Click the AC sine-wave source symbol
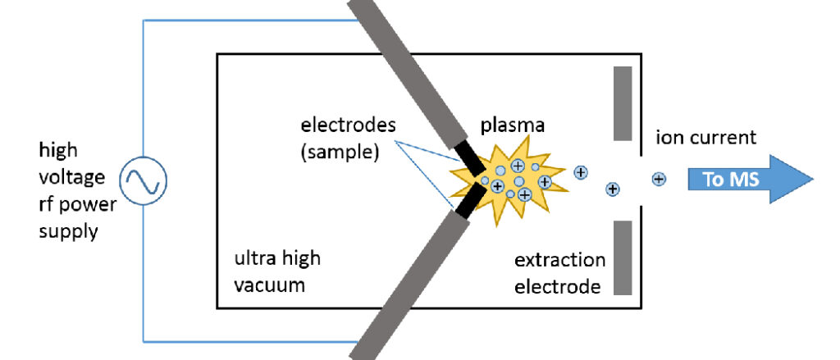pyautogui.click(x=144, y=180)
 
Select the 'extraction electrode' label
pyautogui.click(x=559, y=274)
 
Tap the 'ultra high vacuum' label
pyautogui.click(x=277, y=272)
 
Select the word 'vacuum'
pyautogui.click(x=267, y=286)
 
